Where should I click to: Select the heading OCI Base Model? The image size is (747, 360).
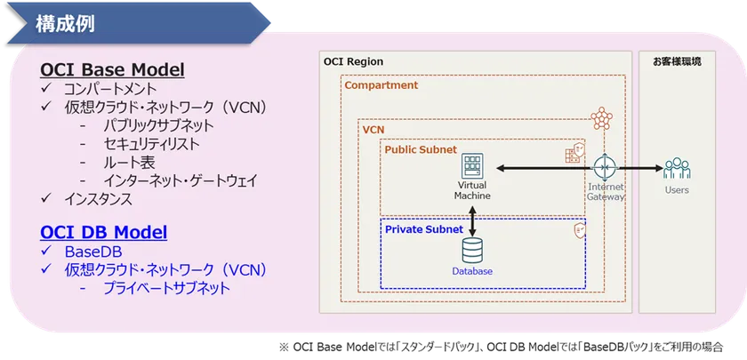pos(112,70)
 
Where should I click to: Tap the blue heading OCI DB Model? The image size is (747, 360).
pos(103,232)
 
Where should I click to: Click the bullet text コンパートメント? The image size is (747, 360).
pos(110,90)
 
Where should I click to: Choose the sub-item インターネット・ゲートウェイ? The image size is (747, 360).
pos(181,180)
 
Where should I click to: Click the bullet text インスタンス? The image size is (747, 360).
pos(98,199)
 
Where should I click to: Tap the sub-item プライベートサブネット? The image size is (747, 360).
pos(166,288)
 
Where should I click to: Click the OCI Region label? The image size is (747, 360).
pos(354,62)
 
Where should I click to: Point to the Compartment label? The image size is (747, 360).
pos(381,85)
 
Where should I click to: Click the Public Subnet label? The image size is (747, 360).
pos(420,149)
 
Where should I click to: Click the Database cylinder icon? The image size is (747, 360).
pos(472,250)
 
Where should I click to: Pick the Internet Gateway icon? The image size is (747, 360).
pos(606,167)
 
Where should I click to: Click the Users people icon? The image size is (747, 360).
pos(676,168)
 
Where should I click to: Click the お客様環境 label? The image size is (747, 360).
pos(677,62)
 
